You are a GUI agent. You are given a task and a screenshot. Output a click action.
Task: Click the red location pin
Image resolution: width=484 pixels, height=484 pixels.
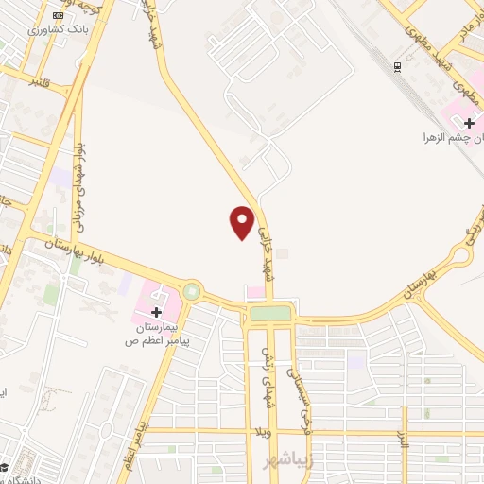[242, 221]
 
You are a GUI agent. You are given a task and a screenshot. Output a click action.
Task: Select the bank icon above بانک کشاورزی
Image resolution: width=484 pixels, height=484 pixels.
[60, 14]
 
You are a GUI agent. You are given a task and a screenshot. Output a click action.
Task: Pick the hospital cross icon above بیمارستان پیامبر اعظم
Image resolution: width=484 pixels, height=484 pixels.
[156, 311]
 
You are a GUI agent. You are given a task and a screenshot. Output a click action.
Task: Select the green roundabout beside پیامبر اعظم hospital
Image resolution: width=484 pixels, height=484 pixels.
[193, 291]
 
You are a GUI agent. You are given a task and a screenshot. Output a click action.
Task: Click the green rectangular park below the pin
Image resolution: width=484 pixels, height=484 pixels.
[270, 312]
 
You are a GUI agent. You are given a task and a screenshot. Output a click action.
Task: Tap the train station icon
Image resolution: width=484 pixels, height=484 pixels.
[397, 66]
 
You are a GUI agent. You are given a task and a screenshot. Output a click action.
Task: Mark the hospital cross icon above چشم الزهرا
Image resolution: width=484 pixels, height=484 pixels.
[469, 122]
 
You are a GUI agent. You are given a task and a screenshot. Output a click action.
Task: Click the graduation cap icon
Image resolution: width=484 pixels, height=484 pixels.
[5, 467]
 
